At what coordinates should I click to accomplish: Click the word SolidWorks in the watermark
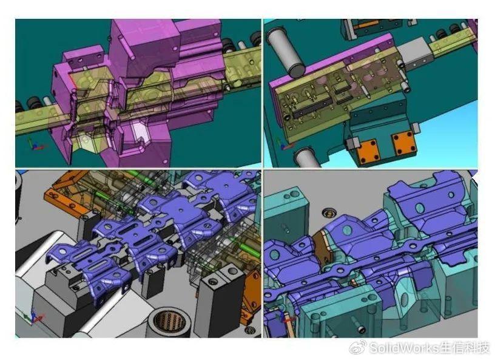pyautogui.click(x=404, y=348)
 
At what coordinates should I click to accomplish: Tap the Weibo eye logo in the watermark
pyautogui.click(x=358, y=347)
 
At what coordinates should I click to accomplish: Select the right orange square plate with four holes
pyautogui.click(x=403, y=143)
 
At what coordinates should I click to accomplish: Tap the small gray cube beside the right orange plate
pyautogui.click(x=416, y=127)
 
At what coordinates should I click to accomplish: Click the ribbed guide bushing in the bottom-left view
pyautogui.click(x=170, y=322)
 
